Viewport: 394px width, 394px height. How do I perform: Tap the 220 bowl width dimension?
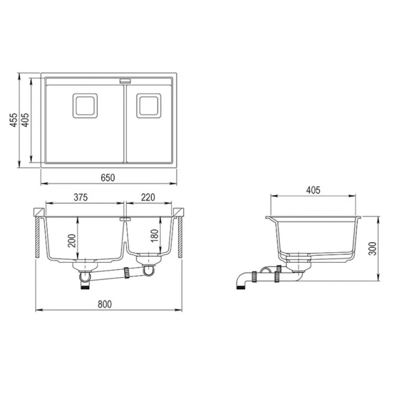click(x=148, y=198)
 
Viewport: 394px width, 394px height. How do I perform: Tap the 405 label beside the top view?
click(x=25, y=120)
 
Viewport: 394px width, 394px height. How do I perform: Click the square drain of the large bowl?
click(x=86, y=105)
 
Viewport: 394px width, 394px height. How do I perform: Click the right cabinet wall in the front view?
click(x=182, y=237)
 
